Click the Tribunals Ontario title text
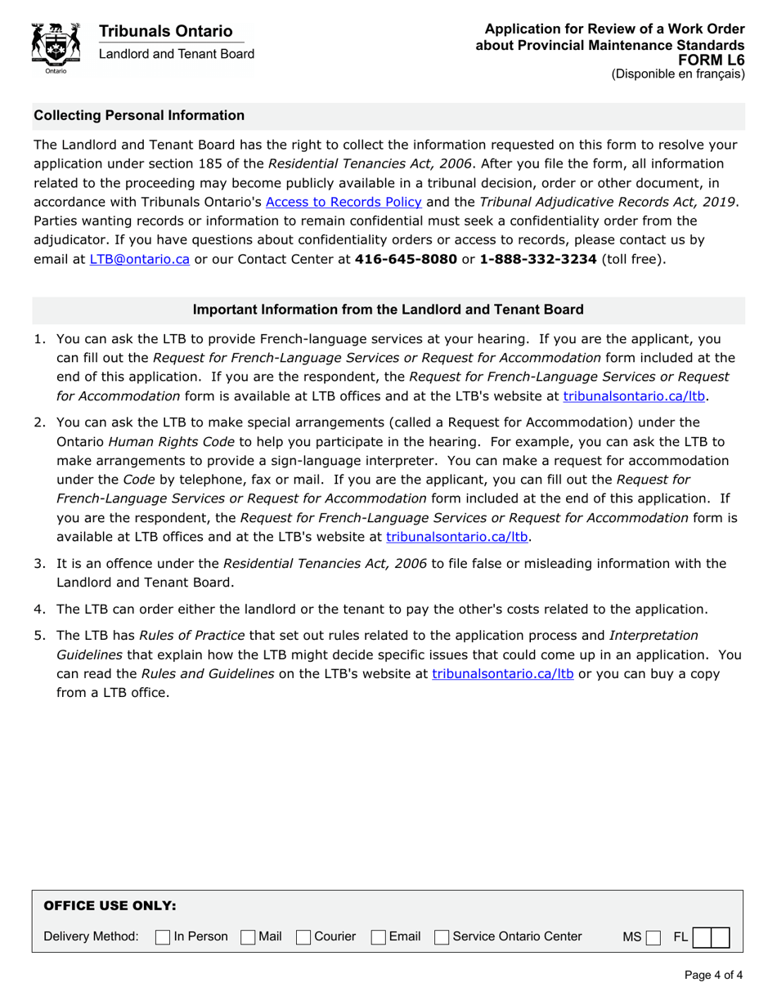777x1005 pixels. click(x=165, y=31)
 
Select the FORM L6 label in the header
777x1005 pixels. click(x=712, y=60)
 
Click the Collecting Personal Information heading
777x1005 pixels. click(x=139, y=116)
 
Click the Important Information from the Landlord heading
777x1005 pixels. click(x=388, y=310)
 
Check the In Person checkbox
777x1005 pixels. click(x=162, y=936)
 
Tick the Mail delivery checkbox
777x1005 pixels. click(x=248, y=936)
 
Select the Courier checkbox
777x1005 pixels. click(x=303, y=936)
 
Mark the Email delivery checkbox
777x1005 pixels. click(x=379, y=936)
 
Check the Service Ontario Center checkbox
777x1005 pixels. click(x=442, y=936)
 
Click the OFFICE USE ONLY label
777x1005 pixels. click(x=109, y=905)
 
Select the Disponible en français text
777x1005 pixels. click(x=678, y=74)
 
